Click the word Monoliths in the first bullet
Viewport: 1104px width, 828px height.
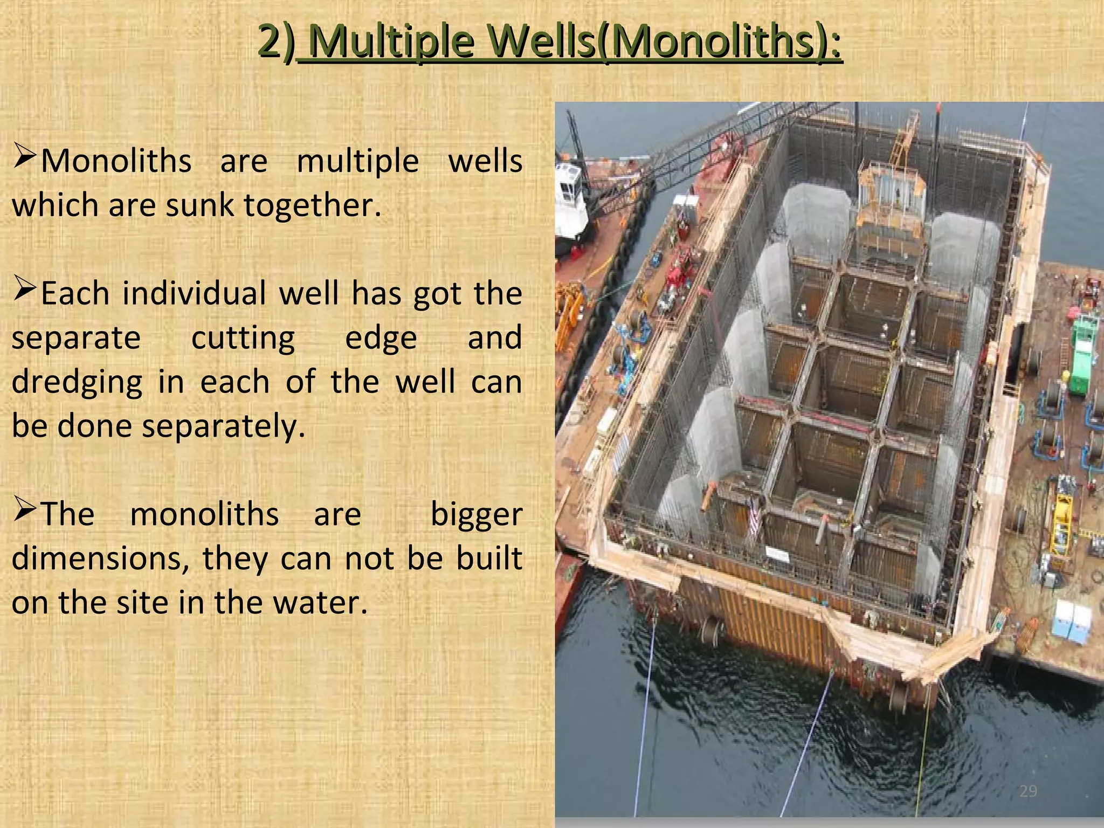(116, 161)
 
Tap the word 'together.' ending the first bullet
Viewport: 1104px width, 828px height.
(312, 205)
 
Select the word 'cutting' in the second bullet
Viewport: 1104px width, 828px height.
(243, 338)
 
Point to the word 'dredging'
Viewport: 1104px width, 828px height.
(77, 382)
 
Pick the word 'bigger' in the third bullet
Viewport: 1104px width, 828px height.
(477, 514)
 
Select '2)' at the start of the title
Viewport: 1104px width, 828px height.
(277, 42)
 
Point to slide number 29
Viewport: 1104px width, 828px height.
(1028, 791)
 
